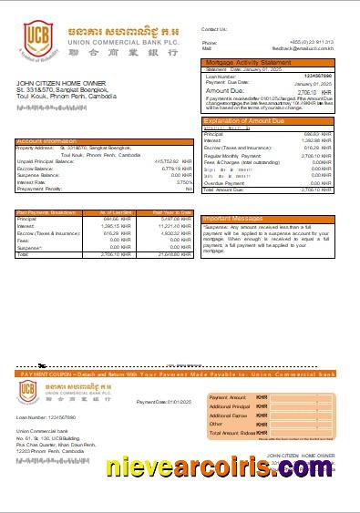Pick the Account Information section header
click(47, 141)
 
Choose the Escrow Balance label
click(36, 169)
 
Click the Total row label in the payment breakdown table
click(23, 254)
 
